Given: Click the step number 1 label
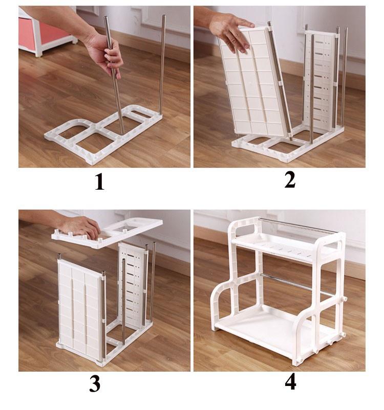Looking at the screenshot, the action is pos(99,183).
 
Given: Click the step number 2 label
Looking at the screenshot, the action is pos(290,180).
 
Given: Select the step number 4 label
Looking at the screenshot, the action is pos(290,382).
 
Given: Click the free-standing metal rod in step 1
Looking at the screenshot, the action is pos(162,64).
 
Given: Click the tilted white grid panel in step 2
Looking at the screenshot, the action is pos(254,81).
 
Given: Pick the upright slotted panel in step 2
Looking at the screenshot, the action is pos(322,81).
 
